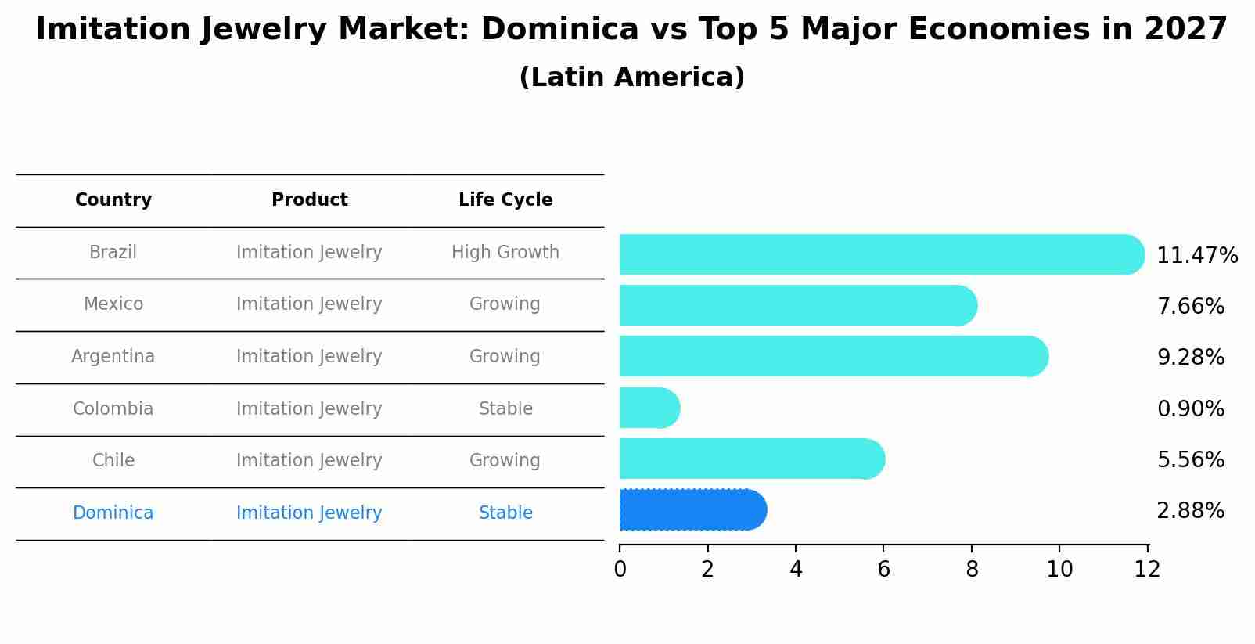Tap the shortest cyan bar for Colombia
[x=649, y=408]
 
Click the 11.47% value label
[x=1196, y=256]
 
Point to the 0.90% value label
[x=1190, y=409]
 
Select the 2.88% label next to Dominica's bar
[x=1190, y=511]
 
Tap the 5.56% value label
[x=1190, y=460]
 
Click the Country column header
[x=113, y=200]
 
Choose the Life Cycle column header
[x=505, y=200]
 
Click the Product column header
[x=310, y=200]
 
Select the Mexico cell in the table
[x=113, y=304]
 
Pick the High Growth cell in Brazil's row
[x=505, y=253]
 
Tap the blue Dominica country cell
[x=113, y=513]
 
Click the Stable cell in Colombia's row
[x=505, y=409]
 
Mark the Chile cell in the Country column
[x=113, y=461]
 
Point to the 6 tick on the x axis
[x=883, y=570]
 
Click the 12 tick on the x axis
[x=1147, y=570]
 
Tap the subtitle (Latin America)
[x=631, y=77]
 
